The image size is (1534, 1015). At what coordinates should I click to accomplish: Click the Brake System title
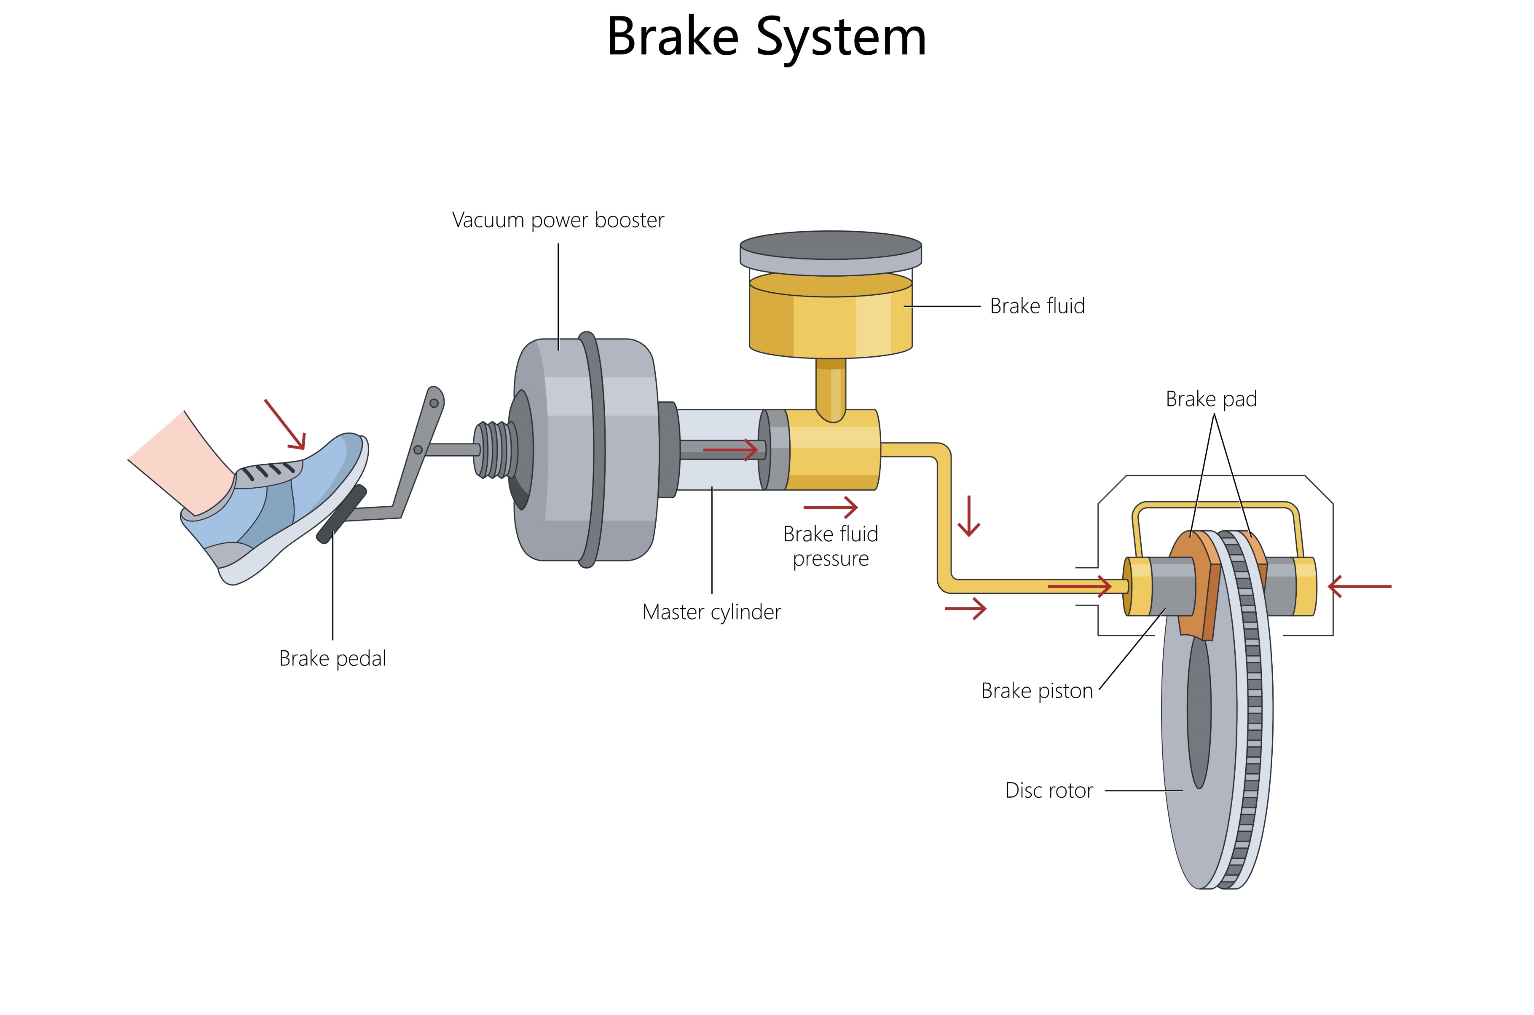coord(766,37)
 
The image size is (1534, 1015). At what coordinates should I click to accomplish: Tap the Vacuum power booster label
coord(558,220)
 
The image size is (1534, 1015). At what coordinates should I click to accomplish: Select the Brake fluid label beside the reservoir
coord(1037,306)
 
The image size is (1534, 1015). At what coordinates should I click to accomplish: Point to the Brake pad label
coord(1211,399)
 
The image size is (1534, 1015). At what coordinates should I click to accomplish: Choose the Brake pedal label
coord(332,658)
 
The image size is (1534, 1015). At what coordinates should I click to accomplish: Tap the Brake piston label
coord(1037,691)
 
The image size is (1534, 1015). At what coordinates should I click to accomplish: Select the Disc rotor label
coord(1049,791)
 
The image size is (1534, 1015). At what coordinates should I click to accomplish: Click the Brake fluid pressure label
coord(830,546)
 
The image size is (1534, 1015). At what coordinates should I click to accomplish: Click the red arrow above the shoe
coord(285,424)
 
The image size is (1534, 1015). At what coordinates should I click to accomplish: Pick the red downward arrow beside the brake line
coord(969,516)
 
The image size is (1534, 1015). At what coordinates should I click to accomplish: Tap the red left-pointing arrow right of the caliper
coord(1359,587)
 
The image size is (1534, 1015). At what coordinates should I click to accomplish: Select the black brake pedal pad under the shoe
coord(341,515)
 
